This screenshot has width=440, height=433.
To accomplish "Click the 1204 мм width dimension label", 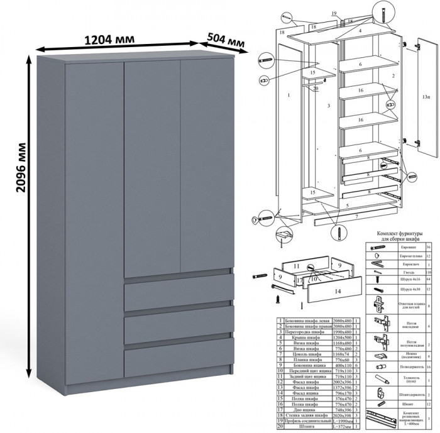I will pyautogui.click(x=108, y=39).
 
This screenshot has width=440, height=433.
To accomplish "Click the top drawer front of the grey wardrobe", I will pyautogui.click(x=178, y=291).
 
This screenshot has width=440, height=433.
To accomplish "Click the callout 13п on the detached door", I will pyautogui.click(x=426, y=97).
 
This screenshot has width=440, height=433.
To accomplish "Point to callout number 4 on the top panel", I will pyautogui.click(x=360, y=30).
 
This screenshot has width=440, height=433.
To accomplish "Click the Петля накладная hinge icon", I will pyautogui.click(x=380, y=324).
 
